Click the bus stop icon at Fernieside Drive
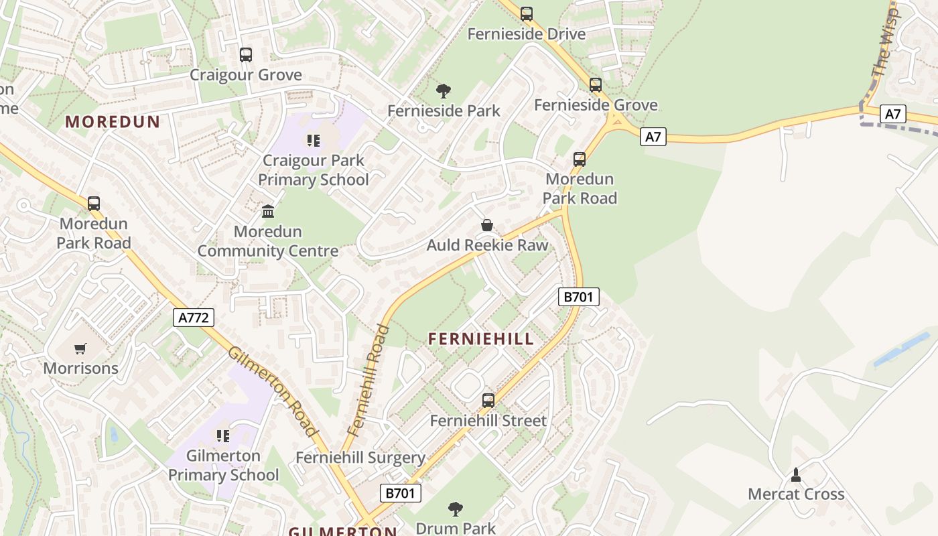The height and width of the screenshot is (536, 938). point(527,13)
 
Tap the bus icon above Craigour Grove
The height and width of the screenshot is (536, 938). point(246,55)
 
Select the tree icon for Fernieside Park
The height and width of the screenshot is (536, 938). point(443,91)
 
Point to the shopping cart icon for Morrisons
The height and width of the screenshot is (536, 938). point(80,348)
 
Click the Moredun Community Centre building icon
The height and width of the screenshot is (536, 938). point(268,212)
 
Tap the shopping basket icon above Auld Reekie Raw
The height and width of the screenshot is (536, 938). point(487,226)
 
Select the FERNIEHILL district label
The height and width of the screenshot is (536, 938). point(481,339)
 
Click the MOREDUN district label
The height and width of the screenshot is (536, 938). point(113,122)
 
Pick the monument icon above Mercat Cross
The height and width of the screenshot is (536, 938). point(796,475)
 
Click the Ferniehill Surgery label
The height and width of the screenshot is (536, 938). point(360,458)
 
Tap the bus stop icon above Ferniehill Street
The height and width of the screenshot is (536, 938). point(488,401)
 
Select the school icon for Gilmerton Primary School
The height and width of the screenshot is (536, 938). point(223,436)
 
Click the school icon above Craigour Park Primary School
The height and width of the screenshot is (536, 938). point(313,141)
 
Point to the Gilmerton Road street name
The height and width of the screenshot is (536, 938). point(272,391)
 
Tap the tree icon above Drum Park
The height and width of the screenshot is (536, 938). point(456,509)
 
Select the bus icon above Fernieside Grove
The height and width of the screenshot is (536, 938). point(596,85)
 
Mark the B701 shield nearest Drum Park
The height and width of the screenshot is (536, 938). point(401,493)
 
